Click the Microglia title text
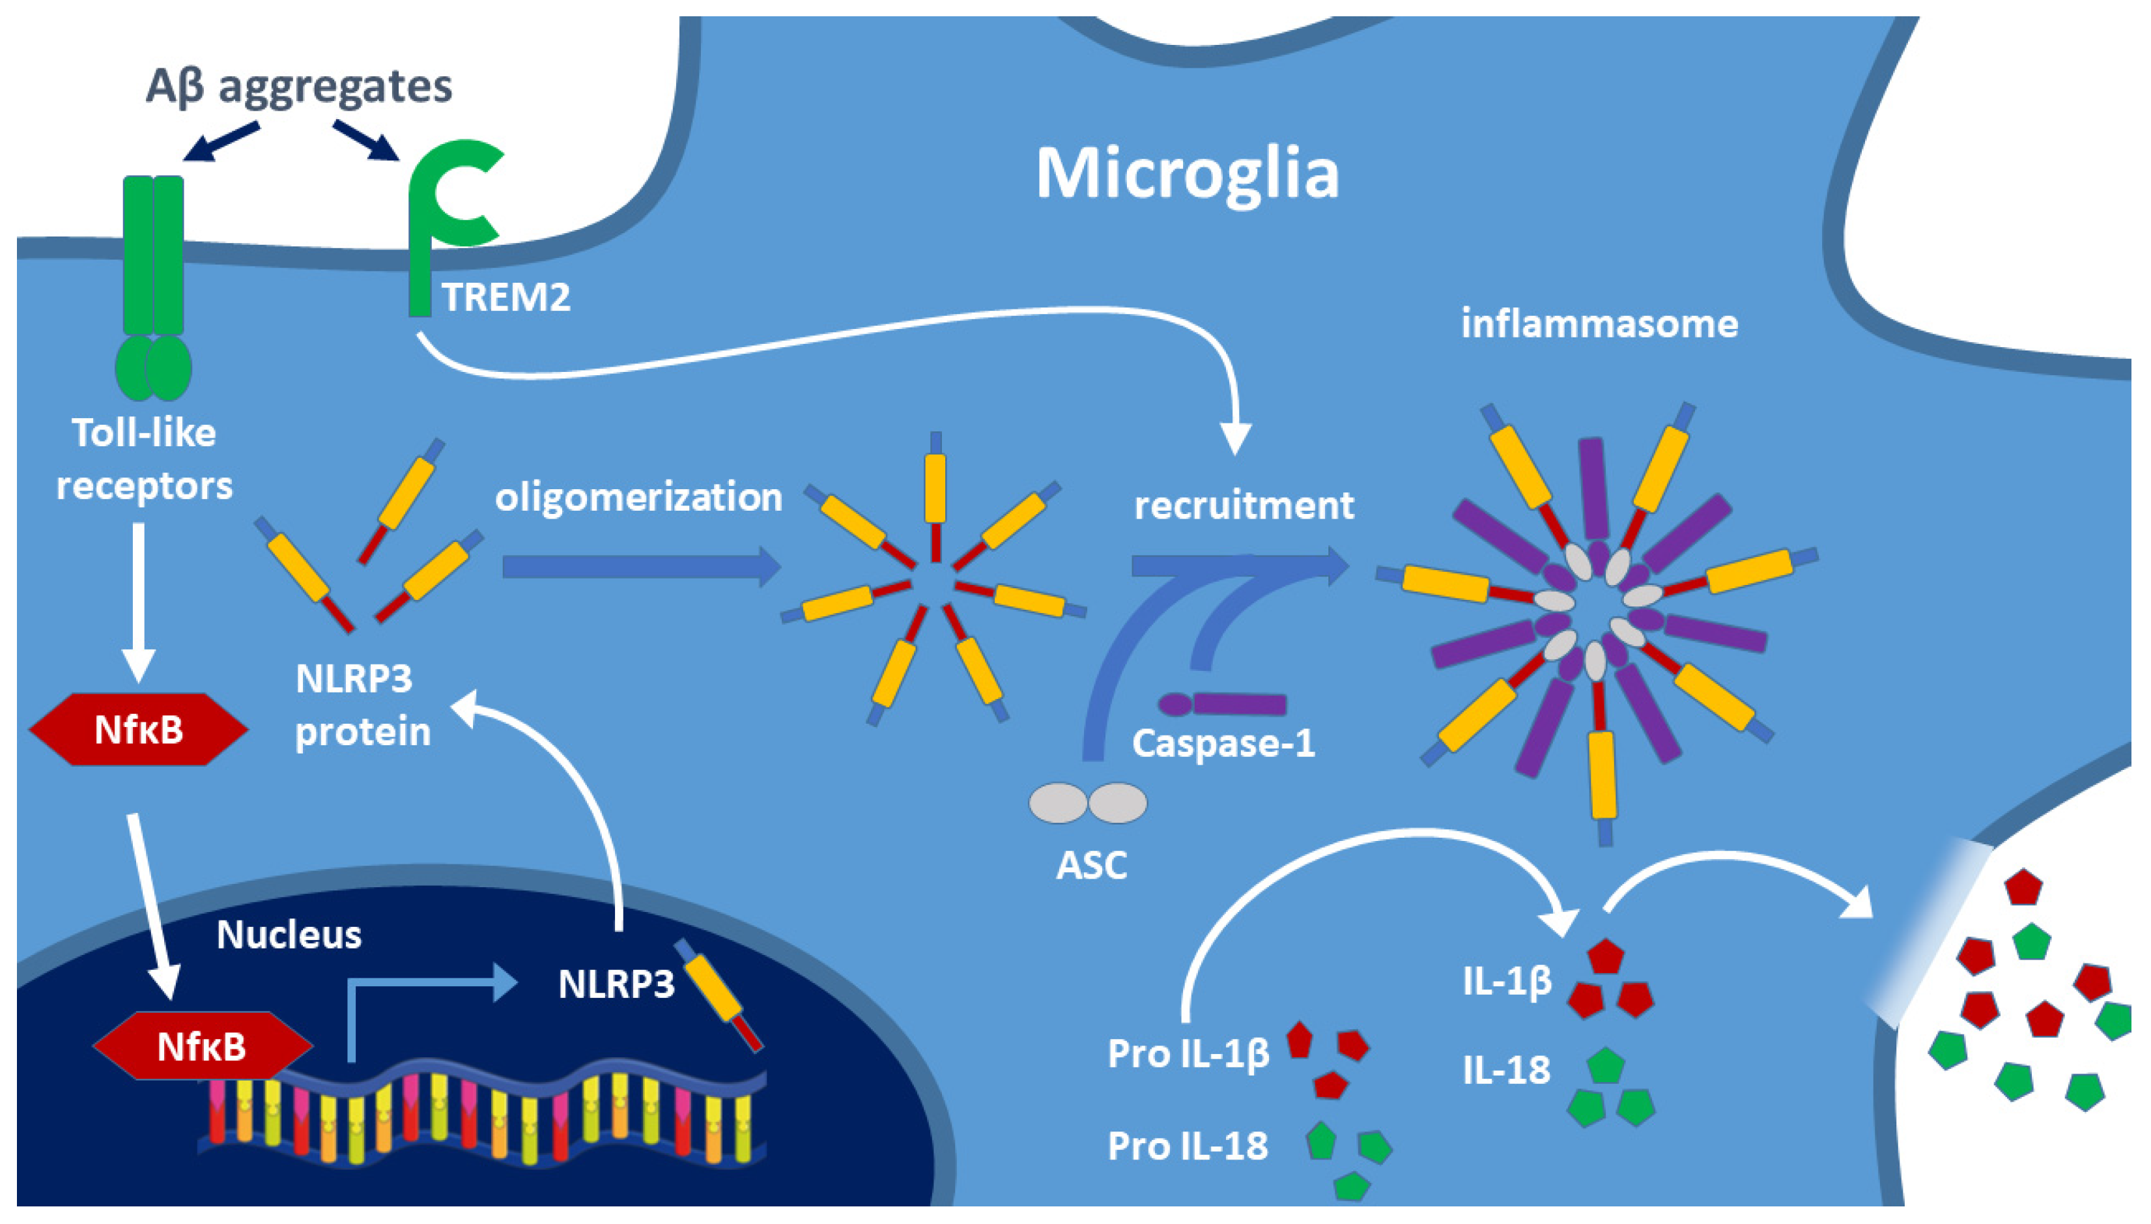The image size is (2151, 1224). [1186, 174]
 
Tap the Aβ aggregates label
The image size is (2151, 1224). [298, 87]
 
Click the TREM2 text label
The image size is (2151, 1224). [506, 297]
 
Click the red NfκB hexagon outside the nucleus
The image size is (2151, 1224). [139, 729]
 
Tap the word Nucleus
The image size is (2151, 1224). [289, 934]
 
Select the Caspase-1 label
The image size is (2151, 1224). [1223, 743]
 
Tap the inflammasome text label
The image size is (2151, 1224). [1599, 324]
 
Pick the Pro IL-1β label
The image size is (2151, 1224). [1188, 1053]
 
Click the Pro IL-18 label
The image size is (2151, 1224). [1187, 1145]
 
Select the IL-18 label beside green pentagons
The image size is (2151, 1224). [1505, 1070]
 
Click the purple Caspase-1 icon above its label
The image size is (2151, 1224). [1222, 704]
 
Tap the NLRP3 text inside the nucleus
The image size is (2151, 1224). [616, 984]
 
